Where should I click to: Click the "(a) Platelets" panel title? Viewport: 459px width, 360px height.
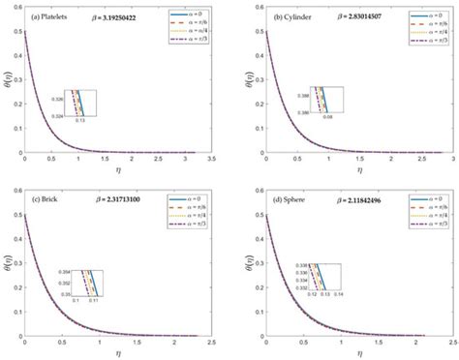pos(52,17)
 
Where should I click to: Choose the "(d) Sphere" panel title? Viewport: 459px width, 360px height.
pos(283,200)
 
